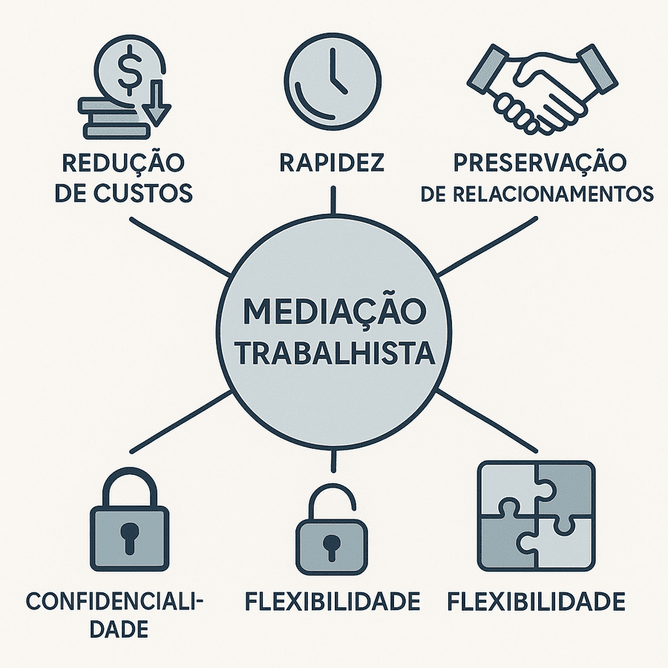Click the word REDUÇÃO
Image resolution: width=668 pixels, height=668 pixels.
coord(123,163)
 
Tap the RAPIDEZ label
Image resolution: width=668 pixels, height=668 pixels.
coord(332,163)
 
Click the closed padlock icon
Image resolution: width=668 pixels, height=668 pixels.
coord(128,523)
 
